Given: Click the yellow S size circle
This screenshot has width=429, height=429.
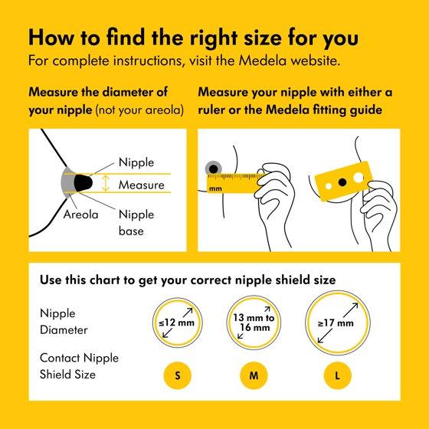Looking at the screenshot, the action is coord(177,375).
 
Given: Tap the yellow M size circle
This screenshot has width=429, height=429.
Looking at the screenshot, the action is coord(254,375).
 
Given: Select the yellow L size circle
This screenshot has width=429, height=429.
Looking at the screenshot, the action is coord(337,375).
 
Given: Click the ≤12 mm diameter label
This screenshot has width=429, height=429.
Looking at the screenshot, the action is coord(177,323).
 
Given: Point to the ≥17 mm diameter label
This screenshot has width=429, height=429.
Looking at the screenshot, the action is coord(336,323).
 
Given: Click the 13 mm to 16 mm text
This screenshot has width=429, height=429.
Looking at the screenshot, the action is coord(254,323).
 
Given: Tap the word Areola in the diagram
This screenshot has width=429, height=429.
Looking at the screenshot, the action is coord(80,215).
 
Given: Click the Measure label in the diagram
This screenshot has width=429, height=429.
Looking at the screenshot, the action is coord(142,185).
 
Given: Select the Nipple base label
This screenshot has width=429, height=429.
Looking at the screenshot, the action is coord(136,223).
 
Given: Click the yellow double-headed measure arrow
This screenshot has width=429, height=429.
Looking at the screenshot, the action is coord(106,183).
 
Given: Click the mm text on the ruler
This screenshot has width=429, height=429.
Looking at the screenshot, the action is coord(215,188).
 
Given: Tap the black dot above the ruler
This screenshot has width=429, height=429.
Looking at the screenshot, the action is coord(213,169).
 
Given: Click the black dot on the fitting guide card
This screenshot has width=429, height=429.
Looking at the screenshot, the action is coord(342,182).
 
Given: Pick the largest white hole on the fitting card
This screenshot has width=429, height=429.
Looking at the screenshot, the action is coord(358,178).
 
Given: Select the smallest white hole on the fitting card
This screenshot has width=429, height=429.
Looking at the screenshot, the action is coord(329,186).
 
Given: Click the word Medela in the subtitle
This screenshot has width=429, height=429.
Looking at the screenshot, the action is coord(263,61).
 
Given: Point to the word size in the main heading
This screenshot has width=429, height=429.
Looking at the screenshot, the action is coord(263,38).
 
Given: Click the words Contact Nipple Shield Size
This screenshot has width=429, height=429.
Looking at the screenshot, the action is coord(79,366).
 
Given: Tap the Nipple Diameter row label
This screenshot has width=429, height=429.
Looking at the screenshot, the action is coord(64,322).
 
